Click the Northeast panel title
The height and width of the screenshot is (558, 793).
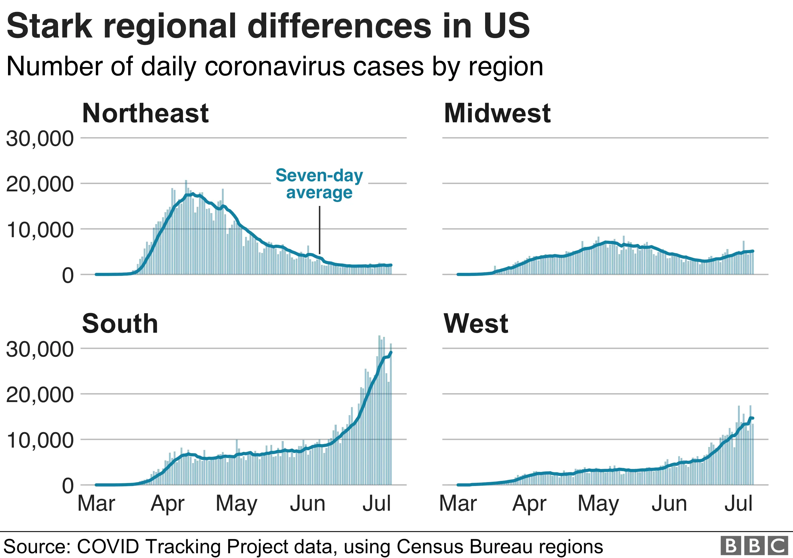[x=145, y=113]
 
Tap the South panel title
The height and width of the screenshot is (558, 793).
[x=120, y=324]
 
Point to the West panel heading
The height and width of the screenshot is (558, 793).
[x=476, y=324]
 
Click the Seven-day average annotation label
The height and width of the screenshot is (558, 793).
[x=319, y=184]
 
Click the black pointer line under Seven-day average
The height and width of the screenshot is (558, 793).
[x=319, y=230]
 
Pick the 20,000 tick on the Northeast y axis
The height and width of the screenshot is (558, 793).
[x=40, y=184]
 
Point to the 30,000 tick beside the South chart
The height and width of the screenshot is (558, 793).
[x=40, y=349]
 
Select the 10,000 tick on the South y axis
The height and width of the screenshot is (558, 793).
[x=40, y=440]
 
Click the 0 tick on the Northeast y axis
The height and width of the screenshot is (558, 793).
[x=68, y=276]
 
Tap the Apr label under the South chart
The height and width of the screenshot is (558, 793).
[x=167, y=504]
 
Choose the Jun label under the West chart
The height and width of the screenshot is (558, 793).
[x=669, y=504]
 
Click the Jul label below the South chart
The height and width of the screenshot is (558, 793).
[x=377, y=504]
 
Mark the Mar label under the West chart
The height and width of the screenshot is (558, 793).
[x=458, y=504]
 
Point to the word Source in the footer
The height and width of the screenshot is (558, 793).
[x=36, y=547]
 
